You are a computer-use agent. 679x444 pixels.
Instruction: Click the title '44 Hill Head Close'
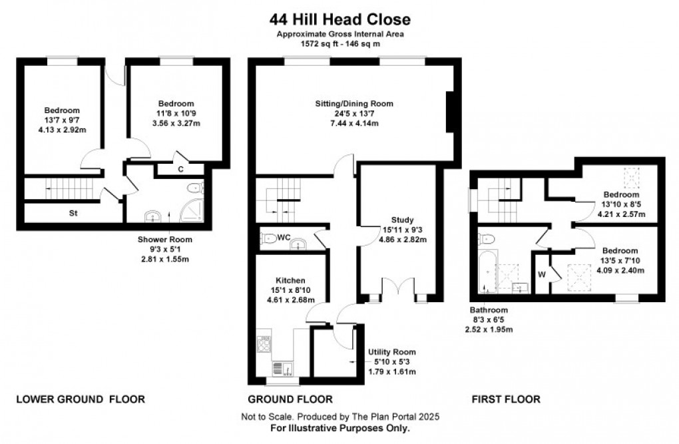pyautogui.click(x=339, y=20)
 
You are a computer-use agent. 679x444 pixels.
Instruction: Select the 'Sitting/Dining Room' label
pyautogui.click(x=354, y=104)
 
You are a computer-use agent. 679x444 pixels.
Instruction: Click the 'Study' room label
pyautogui.click(x=403, y=220)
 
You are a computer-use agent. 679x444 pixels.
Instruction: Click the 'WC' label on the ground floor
pyautogui.click(x=282, y=236)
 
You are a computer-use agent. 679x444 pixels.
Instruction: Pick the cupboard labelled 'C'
pyautogui.click(x=180, y=169)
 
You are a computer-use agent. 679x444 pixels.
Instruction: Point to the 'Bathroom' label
pyautogui.click(x=489, y=310)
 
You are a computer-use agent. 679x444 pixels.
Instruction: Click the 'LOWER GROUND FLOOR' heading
pyautogui.click(x=80, y=399)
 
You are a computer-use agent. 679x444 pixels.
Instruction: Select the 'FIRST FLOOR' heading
pyautogui.click(x=506, y=399)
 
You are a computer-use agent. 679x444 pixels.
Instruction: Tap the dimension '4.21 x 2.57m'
pyautogui.click(x=616, y=214)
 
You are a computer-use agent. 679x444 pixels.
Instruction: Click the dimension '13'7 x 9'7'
pyautogui.click(x=62, y=120)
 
